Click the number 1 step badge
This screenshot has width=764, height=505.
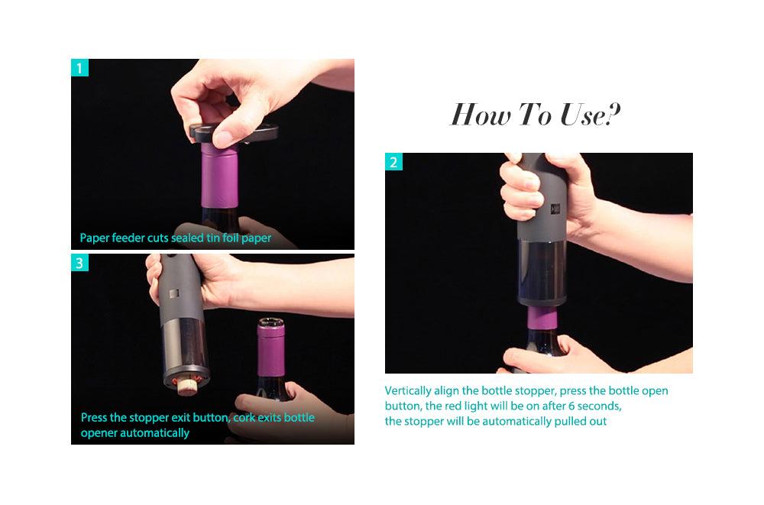[80, 68]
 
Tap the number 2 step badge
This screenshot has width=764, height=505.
[393, 162]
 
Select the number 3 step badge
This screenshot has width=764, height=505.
[80, 263]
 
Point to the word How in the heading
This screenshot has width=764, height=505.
[481, 115]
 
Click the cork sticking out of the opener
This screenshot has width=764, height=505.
[185, 386]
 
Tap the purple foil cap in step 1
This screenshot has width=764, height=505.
[219, 176]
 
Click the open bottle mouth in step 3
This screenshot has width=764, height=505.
[271, 322]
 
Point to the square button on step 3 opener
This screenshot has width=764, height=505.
[174, 293]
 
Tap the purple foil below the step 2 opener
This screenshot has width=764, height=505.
[542, 317]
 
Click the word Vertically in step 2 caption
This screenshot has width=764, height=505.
[408, 391]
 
